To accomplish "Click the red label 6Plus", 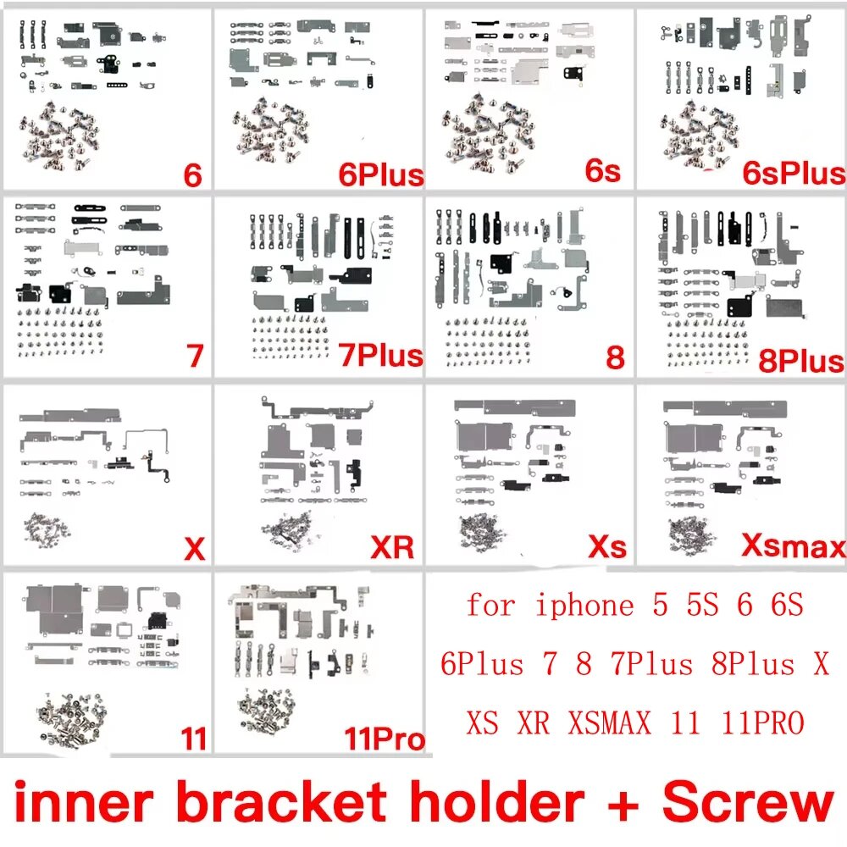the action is coord(381,174).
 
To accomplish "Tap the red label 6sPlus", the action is coord(794,173).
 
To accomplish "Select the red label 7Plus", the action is coord(381,355).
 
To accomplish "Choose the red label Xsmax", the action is coord(794,545).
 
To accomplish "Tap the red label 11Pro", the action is coord(385,739).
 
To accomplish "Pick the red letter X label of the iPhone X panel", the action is coord(195,549).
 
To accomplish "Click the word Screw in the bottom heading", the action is coord(748,803).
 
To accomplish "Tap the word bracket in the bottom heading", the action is coord(281,803).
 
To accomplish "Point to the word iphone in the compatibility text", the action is coord(584,606).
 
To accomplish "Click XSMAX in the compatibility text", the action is coord(609,722).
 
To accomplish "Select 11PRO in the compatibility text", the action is coord(763,722).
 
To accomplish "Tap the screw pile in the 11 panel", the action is coord(72,718).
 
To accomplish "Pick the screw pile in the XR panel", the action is coord(286,529).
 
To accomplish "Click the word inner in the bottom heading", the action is coord(84,803).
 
